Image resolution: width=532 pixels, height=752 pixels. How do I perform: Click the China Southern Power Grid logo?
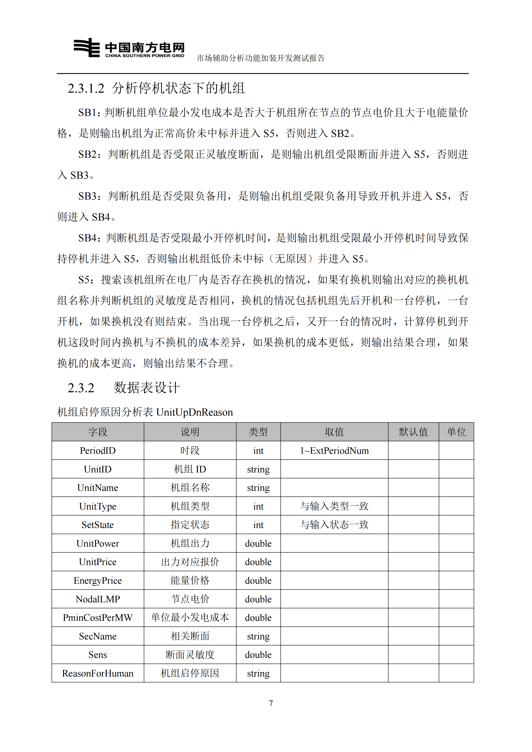[129, 48]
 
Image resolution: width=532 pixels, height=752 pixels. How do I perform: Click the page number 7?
[271, 703]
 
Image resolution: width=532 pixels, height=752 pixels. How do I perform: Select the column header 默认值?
[413, 432]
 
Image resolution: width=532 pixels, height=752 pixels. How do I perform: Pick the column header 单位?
[456, 432]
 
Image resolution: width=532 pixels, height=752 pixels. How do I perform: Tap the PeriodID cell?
[98, 451]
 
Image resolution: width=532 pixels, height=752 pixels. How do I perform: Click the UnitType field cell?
[98, 506]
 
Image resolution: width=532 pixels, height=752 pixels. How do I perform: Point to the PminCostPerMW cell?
[98, 618]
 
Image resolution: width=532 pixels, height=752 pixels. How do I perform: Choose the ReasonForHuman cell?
[98, 673]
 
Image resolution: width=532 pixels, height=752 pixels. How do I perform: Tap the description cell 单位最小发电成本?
[190, 618]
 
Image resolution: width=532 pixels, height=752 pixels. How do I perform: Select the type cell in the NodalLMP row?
[258, 599]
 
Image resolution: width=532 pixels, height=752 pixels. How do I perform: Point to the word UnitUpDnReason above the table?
[194, 412]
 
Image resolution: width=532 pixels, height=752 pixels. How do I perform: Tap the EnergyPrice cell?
[98, 580]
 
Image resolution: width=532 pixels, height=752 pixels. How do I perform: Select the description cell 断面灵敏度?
[190, 655]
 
